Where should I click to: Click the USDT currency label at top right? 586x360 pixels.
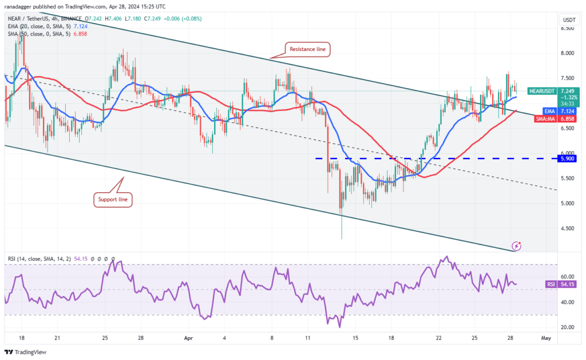point(569,19)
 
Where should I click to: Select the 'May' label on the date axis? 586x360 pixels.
point(545,338)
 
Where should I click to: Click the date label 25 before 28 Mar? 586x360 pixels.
point(105,338)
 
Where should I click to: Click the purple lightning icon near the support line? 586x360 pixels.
point(517,246)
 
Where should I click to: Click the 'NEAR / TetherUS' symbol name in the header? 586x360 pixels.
point(30,19)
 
